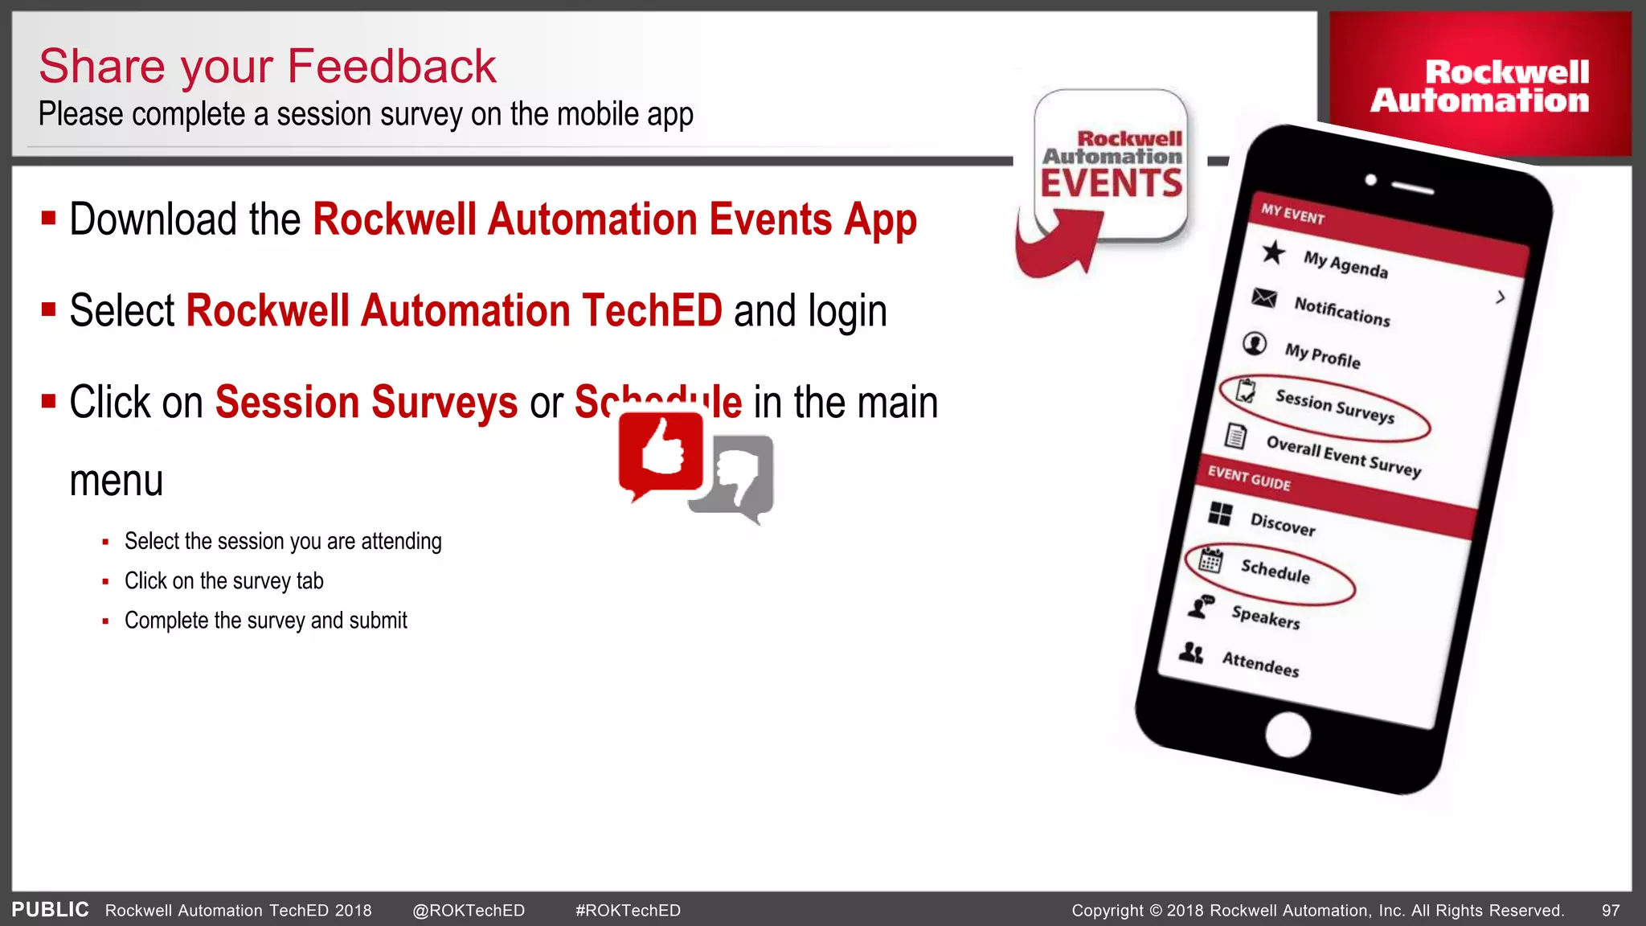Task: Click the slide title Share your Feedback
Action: point(268,66)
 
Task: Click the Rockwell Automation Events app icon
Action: point(1112,166)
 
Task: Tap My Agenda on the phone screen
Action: point(1345,264)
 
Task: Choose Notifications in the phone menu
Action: point(1341,310)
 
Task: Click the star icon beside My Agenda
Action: point(1273,252)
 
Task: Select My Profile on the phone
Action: point(1322,355)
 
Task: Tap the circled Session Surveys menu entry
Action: point(1334,406)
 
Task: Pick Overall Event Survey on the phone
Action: point(1343,456)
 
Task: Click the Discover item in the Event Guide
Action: point(1283,523)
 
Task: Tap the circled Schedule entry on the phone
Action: point(1275,571)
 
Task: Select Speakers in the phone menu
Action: point(1265,617)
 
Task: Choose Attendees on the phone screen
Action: point(1260,664)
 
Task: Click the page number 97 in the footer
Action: point(1611,911)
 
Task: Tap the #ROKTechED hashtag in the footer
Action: point(628,911)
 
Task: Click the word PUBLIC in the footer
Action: point(50,910)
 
